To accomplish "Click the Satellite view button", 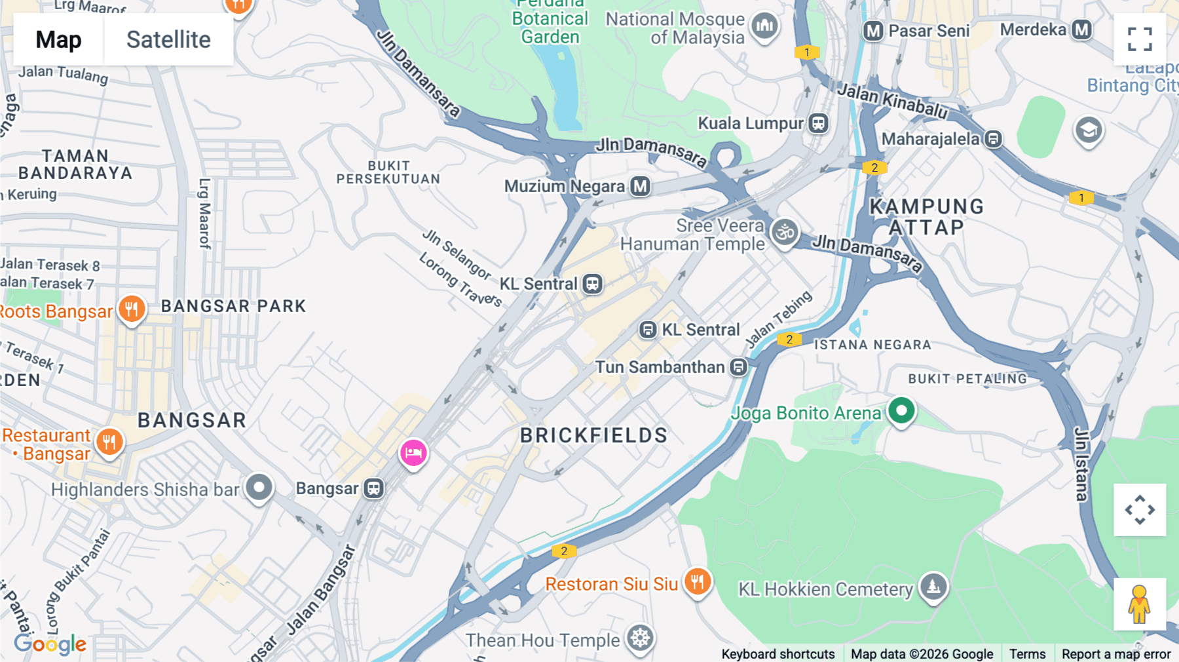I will pyautogui.click(x=168, y=40).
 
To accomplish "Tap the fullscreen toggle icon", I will pyautogui.click(x=1140, y=39).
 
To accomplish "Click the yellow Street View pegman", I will pyautogui.click(x=1139, y=604).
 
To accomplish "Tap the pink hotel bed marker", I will pyautogui.click(x=413, y=453).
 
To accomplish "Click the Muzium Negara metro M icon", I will pyautogui.click(x=640, y=187).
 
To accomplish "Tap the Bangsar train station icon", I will pyautogui.click(x=374, y=488).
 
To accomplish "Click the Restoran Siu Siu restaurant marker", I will pyautogui.click(x=698, y=581).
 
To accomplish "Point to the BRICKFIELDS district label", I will pyautogui.click(x=593, y=435).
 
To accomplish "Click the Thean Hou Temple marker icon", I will pyautogui.click(x=640, y=638).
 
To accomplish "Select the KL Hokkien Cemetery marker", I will pyautogui.click(x=933, y=587).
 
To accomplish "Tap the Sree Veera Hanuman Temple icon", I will pyautogui.click(x=785, y=232).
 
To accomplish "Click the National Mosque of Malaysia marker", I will pyautogui.click(x=764, y=27).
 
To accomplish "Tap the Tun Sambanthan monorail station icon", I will pyautogui.click(x=739, y=367).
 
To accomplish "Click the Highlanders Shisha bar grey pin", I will pyautogui.click(x=259, y=488).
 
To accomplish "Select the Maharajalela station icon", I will pyautogui.click(x=994, y=139).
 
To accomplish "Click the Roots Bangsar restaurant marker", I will pyautogui.click(x=132, y=309).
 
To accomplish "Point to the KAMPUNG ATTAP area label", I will pyautogui.click(x=926, y=217).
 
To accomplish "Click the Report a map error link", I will pyautogui.click(x=1115, y=653).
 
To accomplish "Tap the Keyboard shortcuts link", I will pyautogui.click(x=777, y=653).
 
